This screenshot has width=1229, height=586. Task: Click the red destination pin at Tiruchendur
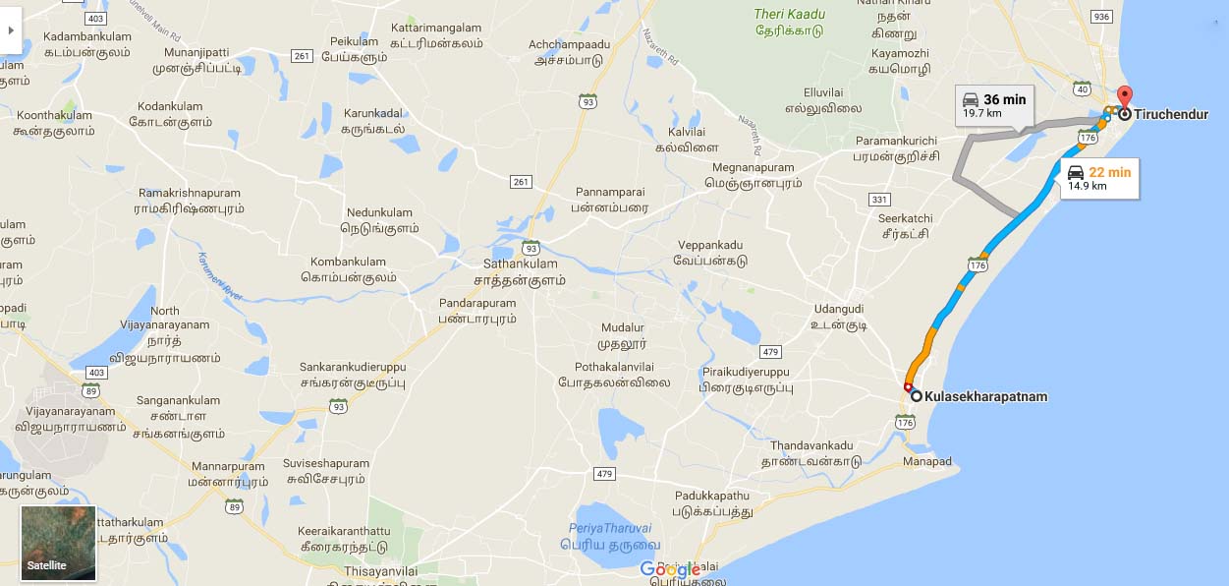coord(1126,98)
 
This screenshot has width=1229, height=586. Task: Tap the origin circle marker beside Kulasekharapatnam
coord(917,396)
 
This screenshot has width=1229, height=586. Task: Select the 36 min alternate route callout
coord(993,105)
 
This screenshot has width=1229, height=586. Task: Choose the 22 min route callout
coord(1099,178)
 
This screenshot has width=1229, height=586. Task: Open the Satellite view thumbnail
coord(59,542)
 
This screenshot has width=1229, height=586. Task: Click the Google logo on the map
coord(670,569)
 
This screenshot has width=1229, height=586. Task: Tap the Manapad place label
coord(928,461)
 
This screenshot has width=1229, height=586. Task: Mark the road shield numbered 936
coord(1101,17)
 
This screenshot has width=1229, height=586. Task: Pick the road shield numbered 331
coord(879,200)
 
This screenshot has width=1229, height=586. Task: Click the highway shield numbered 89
coord(234,505)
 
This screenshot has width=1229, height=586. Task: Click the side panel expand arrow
coord(11,30)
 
